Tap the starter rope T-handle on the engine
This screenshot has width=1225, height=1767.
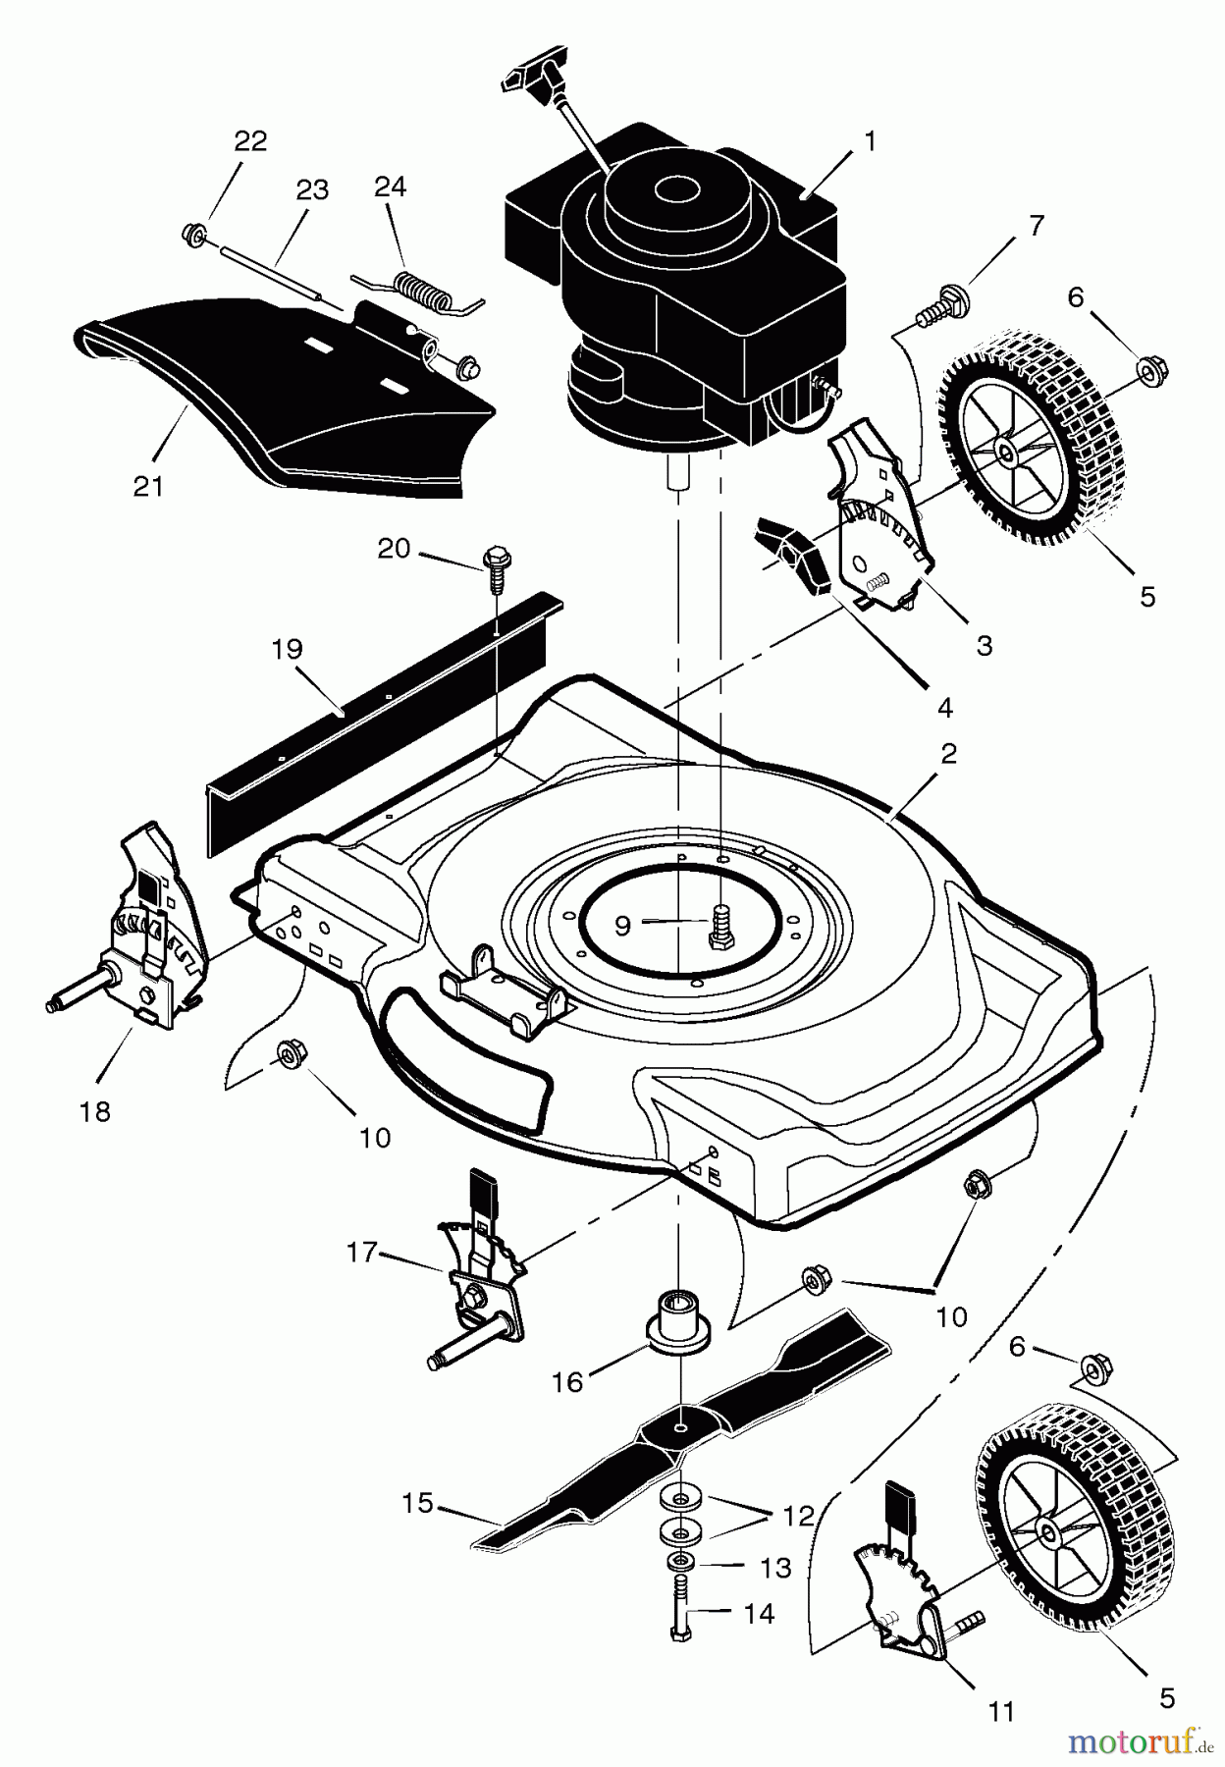pos(536,80)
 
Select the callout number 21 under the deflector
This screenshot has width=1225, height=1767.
pos(149,485)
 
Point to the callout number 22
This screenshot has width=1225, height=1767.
pos(250,140)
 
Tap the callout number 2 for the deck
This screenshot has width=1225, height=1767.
pos(948,754)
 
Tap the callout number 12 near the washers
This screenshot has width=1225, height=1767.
pos(799,1517)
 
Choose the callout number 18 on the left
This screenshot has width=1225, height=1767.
pos(96,1112)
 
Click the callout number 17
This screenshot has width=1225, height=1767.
pos(362,1253)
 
